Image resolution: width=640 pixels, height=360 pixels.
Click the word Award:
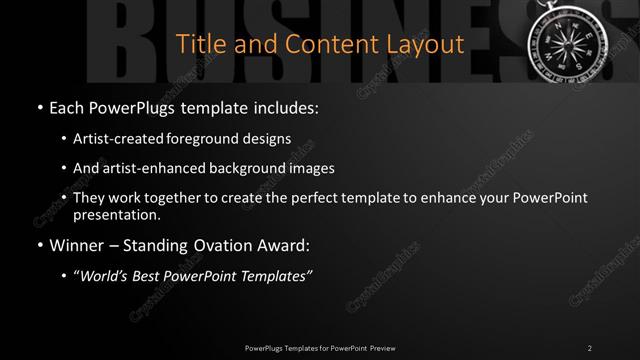pos(285,245)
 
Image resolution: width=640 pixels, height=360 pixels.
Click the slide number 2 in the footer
pos(590,347)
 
